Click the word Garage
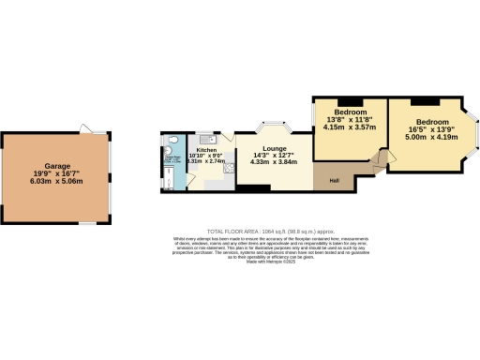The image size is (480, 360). click(59, 164)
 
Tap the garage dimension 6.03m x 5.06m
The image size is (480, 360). click(59, 182)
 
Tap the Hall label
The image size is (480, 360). click(334, 178)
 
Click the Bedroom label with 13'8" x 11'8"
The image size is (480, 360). click(348, 112)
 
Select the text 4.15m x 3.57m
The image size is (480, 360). click(348, 127)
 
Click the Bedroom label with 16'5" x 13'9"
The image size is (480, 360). click(432, 122)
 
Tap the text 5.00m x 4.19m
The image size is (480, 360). click(432, 138)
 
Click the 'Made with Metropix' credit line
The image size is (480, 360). click(270, 262)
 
